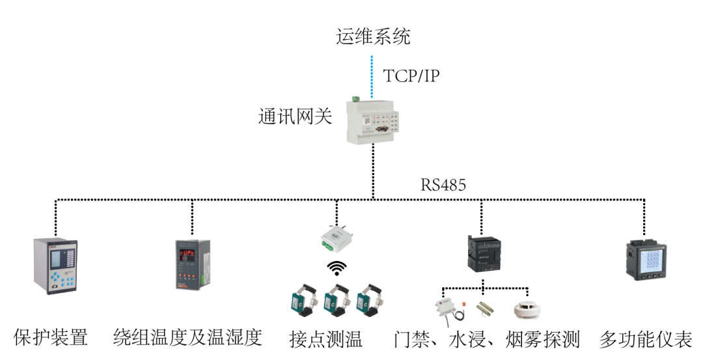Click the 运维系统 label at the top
(373, 36)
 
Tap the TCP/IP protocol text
(411, 76)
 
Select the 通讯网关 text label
(295, 118)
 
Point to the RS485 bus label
(443, 185)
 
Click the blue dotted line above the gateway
(373, 72)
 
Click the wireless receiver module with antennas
(337, 238)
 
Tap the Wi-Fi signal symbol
(337, 268)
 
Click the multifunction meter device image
(645, 264)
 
